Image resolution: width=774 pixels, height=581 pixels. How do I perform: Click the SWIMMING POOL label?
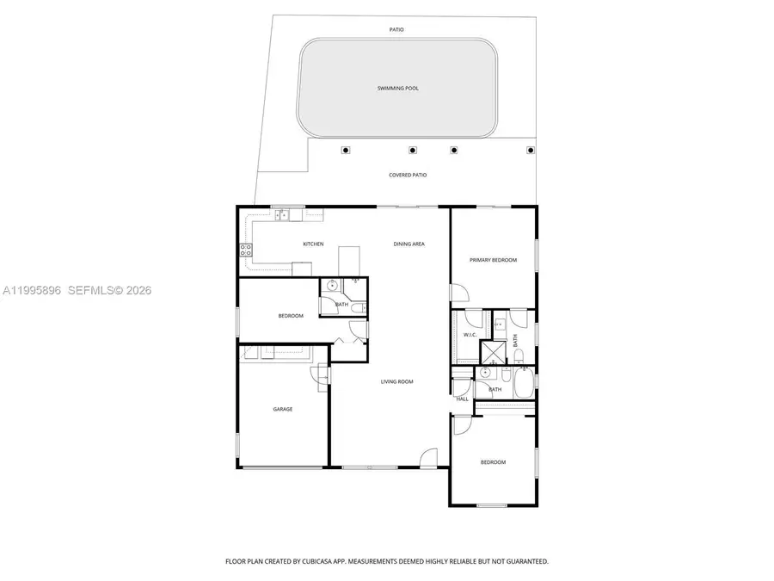[398, 88]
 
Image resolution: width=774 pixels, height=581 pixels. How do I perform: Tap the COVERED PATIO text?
[408, 175]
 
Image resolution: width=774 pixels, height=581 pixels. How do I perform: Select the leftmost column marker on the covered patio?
[346, 150]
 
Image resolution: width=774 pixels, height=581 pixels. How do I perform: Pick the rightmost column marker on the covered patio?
[530, 150]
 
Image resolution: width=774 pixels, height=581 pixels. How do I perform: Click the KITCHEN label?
[313, 244]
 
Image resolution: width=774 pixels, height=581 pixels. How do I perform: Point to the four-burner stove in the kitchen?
[245, 250]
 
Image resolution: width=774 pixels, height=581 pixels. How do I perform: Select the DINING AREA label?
[409, 244]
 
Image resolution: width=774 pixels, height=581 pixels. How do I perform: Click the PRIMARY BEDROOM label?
[493, 259]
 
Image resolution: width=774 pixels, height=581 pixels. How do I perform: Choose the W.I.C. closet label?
[470, 335]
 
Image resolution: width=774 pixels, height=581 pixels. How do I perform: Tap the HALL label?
[462, 399]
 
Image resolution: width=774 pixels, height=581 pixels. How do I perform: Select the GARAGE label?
[283, 409]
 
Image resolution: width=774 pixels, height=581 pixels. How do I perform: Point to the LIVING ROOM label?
[397, 381]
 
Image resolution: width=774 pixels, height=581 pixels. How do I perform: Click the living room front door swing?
[429, 457]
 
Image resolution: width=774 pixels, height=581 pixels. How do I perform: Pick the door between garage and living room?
[323, 374]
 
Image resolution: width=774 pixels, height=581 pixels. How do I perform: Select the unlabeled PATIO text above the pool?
[396, 29]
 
